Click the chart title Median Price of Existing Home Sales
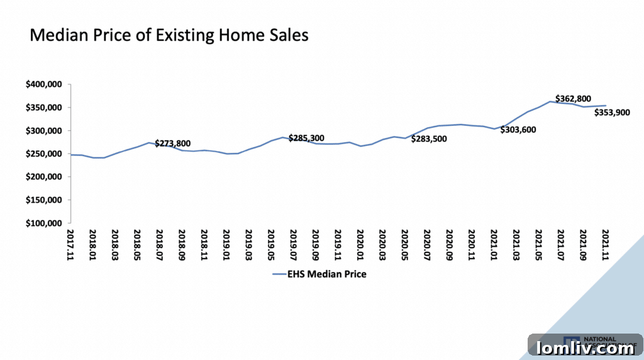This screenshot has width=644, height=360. click(x=169, y=35)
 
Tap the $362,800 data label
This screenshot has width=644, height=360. click(x=573, y=99)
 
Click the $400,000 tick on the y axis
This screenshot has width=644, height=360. click(x=43, y=84)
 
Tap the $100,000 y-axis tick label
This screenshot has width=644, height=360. click(x=43, y=223)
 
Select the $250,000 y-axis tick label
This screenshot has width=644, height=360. click(x=43, y=154)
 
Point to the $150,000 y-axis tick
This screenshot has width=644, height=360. click(x=43, y=200)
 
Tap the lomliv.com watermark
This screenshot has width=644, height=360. click(x=586, y=347)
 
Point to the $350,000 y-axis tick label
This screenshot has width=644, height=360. click(x=43, y=108)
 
